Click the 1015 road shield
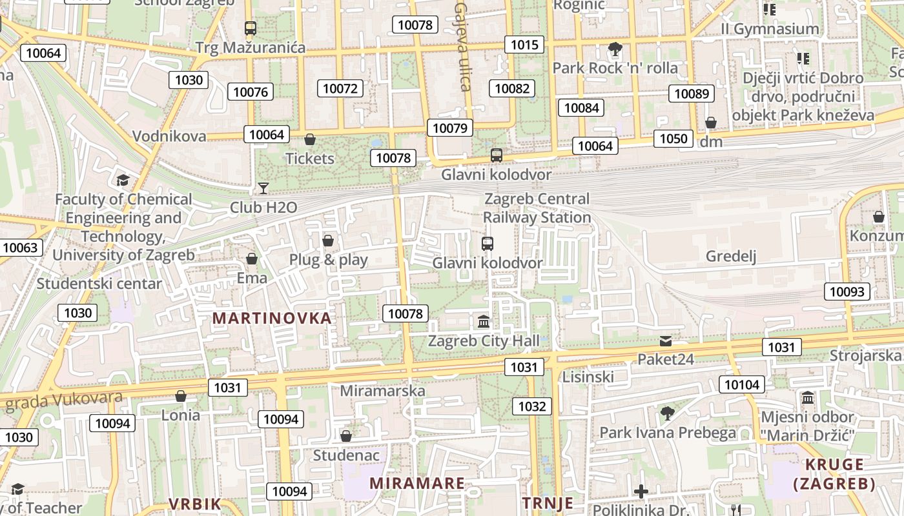524,45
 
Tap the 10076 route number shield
250,92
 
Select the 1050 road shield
673,139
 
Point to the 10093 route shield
847,292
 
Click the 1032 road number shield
532,406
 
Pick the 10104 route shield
742,385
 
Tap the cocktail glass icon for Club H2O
263,188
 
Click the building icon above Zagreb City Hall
483,321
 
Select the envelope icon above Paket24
666,341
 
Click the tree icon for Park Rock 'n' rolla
615,49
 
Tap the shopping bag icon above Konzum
878,217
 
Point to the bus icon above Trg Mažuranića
251,28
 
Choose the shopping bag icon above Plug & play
328,241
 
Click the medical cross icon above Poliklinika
641,491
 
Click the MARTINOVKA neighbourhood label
272,318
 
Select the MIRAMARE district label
416,483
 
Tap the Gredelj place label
730,256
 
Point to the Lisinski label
588,377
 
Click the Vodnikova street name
169,136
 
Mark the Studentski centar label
99,283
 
